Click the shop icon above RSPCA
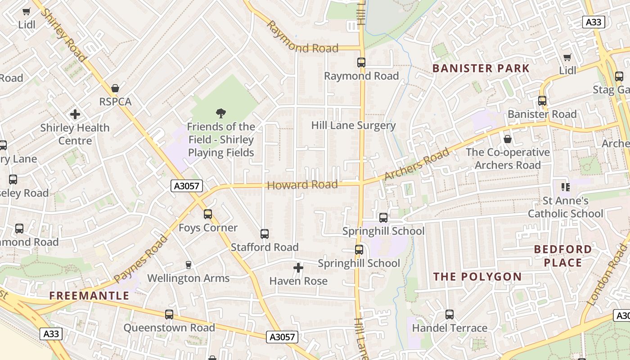pyautogui.click(x=115, y=88)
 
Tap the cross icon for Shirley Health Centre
pyautogui.click(x=75, y=114)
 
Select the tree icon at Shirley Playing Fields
pyautogui.click(x=220, y=113)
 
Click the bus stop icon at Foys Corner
pyautogui.click(x=207, y=214)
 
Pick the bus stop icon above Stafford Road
pyautogui.click(x=265, y=234)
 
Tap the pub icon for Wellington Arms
pyautogui.click(x=189, y=265)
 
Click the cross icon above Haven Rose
pyautogui.click(x=298, y=268)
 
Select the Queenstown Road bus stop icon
pyautogui.click(x=169, y=315)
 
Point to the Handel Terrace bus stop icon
pyautogui.click(x=449, y=315)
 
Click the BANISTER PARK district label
pyautogui.click(x=481, y=68)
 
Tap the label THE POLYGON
pyautogui.click(x=477, y=277)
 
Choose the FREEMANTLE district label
pyautogui.click(x=89, y=296)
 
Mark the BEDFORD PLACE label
pyautogui.click(x=563, y=256)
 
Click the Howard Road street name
pyautogui.click(x=302, y=184)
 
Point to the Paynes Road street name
pyautogui.click(x=140, y=259)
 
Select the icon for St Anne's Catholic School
pyautogui.click(x=565, y=187)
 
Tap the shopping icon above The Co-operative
pyautogui.click(x=508, y=139)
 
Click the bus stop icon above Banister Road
pyautogui.click(x=542, y=101)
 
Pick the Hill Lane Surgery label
pyautogui.click(x=353, y=126)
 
